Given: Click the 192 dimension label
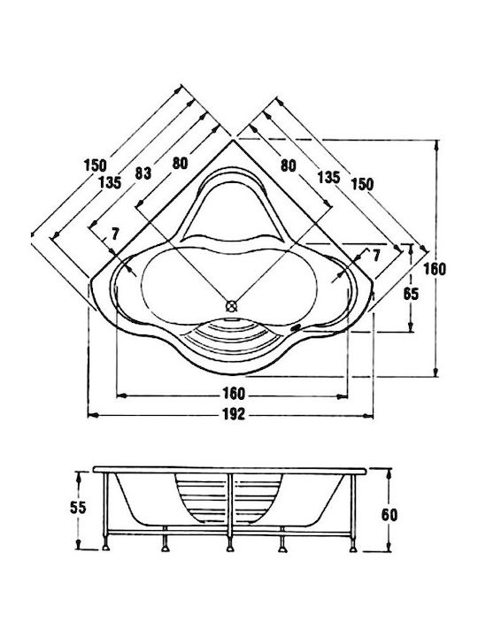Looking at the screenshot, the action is click(234, 414).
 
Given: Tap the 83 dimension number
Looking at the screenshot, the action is click(143, 173).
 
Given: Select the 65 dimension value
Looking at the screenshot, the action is click(411, 294).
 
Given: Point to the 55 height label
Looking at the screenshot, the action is click(78, 508).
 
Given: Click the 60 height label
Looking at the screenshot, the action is click(389, 515).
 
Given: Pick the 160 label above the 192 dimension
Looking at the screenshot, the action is click(234, 394).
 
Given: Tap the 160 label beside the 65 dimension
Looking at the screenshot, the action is click(435, 269).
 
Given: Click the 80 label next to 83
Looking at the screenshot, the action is click(180, 163).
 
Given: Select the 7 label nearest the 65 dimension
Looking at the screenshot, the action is click(376, 255).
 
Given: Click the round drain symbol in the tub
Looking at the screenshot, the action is click(231, 305).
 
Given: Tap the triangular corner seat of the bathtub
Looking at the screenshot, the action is click(233, 211).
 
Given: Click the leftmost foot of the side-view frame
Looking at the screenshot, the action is click(106, 543).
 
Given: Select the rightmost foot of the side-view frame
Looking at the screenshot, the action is click(353, 544).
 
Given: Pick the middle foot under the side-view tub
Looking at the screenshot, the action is click(230, 544).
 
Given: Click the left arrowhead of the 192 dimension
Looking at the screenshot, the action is click(93, 415).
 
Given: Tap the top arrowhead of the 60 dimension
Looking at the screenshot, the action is click(389, 473).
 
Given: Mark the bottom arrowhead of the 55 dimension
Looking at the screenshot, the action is click(80, 544).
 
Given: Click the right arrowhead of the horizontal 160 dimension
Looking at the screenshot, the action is click(343, 395).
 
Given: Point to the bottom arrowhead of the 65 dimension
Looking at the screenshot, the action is click(411, 326).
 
